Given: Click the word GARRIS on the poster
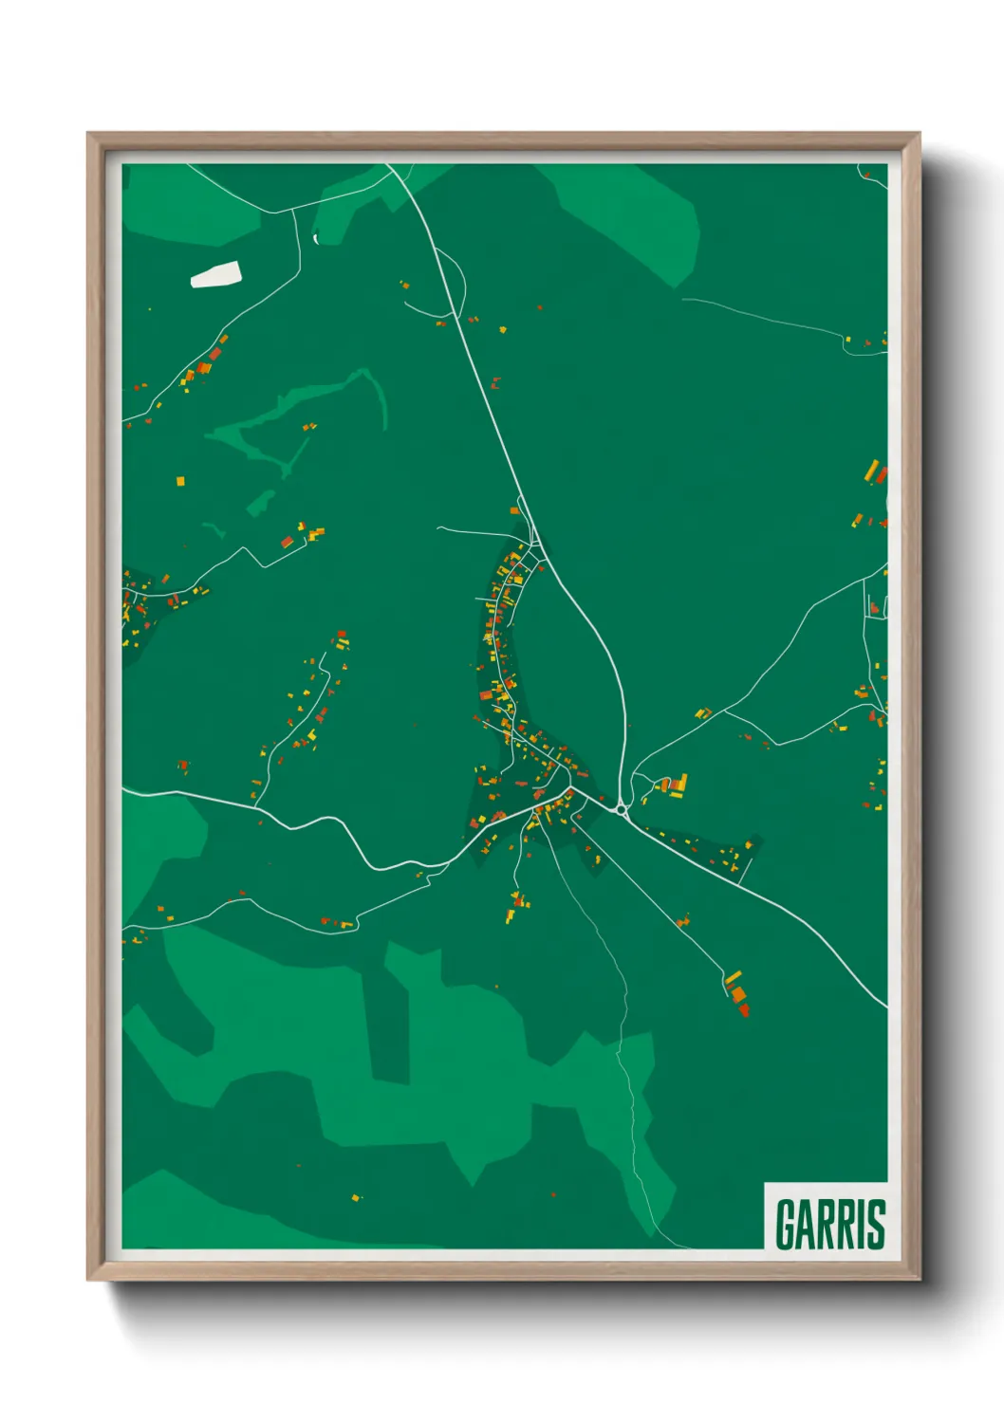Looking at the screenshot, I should point(830,1224).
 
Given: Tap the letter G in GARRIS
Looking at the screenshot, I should point(786,1224).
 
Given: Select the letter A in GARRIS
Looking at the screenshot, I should point(807,1224).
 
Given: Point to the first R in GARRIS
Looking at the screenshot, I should point(827,1224).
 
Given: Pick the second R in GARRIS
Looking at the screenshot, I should point(847,1224).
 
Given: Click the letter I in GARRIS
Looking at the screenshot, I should point(862,1224).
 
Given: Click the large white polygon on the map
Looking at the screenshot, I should point(216,275).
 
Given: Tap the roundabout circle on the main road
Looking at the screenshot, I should point(622,809).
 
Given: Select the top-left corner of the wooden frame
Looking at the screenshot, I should point(89,135).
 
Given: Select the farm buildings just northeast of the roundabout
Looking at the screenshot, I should point(673,785).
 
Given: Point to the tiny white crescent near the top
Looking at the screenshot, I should point(315,238).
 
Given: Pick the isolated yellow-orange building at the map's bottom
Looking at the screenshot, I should point(356,1198).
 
